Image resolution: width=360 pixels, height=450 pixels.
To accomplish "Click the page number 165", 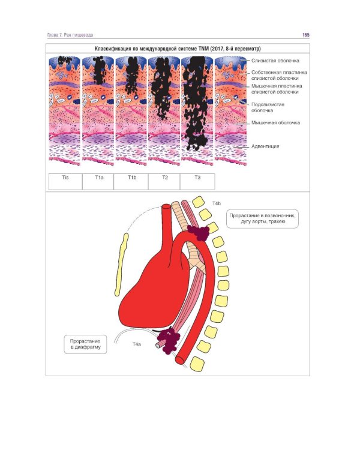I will (x=305, y=35).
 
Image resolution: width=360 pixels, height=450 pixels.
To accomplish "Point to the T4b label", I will (x=217, y=205).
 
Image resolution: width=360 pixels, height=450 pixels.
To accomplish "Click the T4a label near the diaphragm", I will (x=137, y=345).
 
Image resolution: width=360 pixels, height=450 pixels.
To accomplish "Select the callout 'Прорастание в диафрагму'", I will (x=85, y=344).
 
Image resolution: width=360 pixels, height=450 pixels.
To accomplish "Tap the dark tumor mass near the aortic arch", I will (x=197, y=230).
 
